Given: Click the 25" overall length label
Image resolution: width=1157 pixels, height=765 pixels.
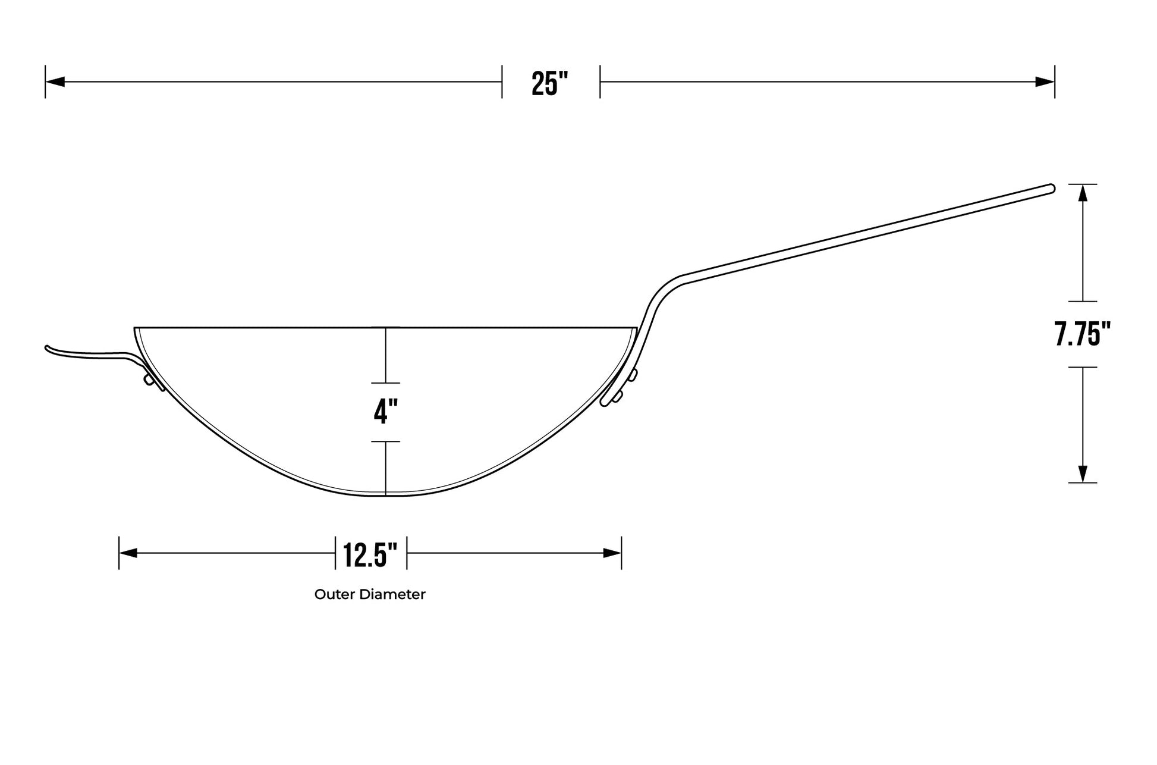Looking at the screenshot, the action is coord(550,83).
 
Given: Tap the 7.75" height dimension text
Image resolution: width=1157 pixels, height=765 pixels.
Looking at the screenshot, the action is coord(1083,334).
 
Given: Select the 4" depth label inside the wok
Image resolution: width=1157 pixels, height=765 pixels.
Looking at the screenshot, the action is coord(386,412).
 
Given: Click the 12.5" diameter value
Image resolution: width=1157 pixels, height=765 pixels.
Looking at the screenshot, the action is coord(370,554).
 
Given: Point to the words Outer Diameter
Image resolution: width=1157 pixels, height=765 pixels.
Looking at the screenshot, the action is coord(370,594).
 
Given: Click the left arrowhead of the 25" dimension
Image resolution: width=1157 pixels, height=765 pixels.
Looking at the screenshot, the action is coord(55,82).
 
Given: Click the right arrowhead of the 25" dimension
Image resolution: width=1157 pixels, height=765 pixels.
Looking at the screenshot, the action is coord(1045,82).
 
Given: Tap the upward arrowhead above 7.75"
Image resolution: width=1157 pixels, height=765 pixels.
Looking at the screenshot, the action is coord(1083,193).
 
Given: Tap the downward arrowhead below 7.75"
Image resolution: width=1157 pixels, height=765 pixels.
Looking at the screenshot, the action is coord(1083,474).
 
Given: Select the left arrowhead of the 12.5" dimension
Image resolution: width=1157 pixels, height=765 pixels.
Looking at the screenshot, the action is coord(128,553).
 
